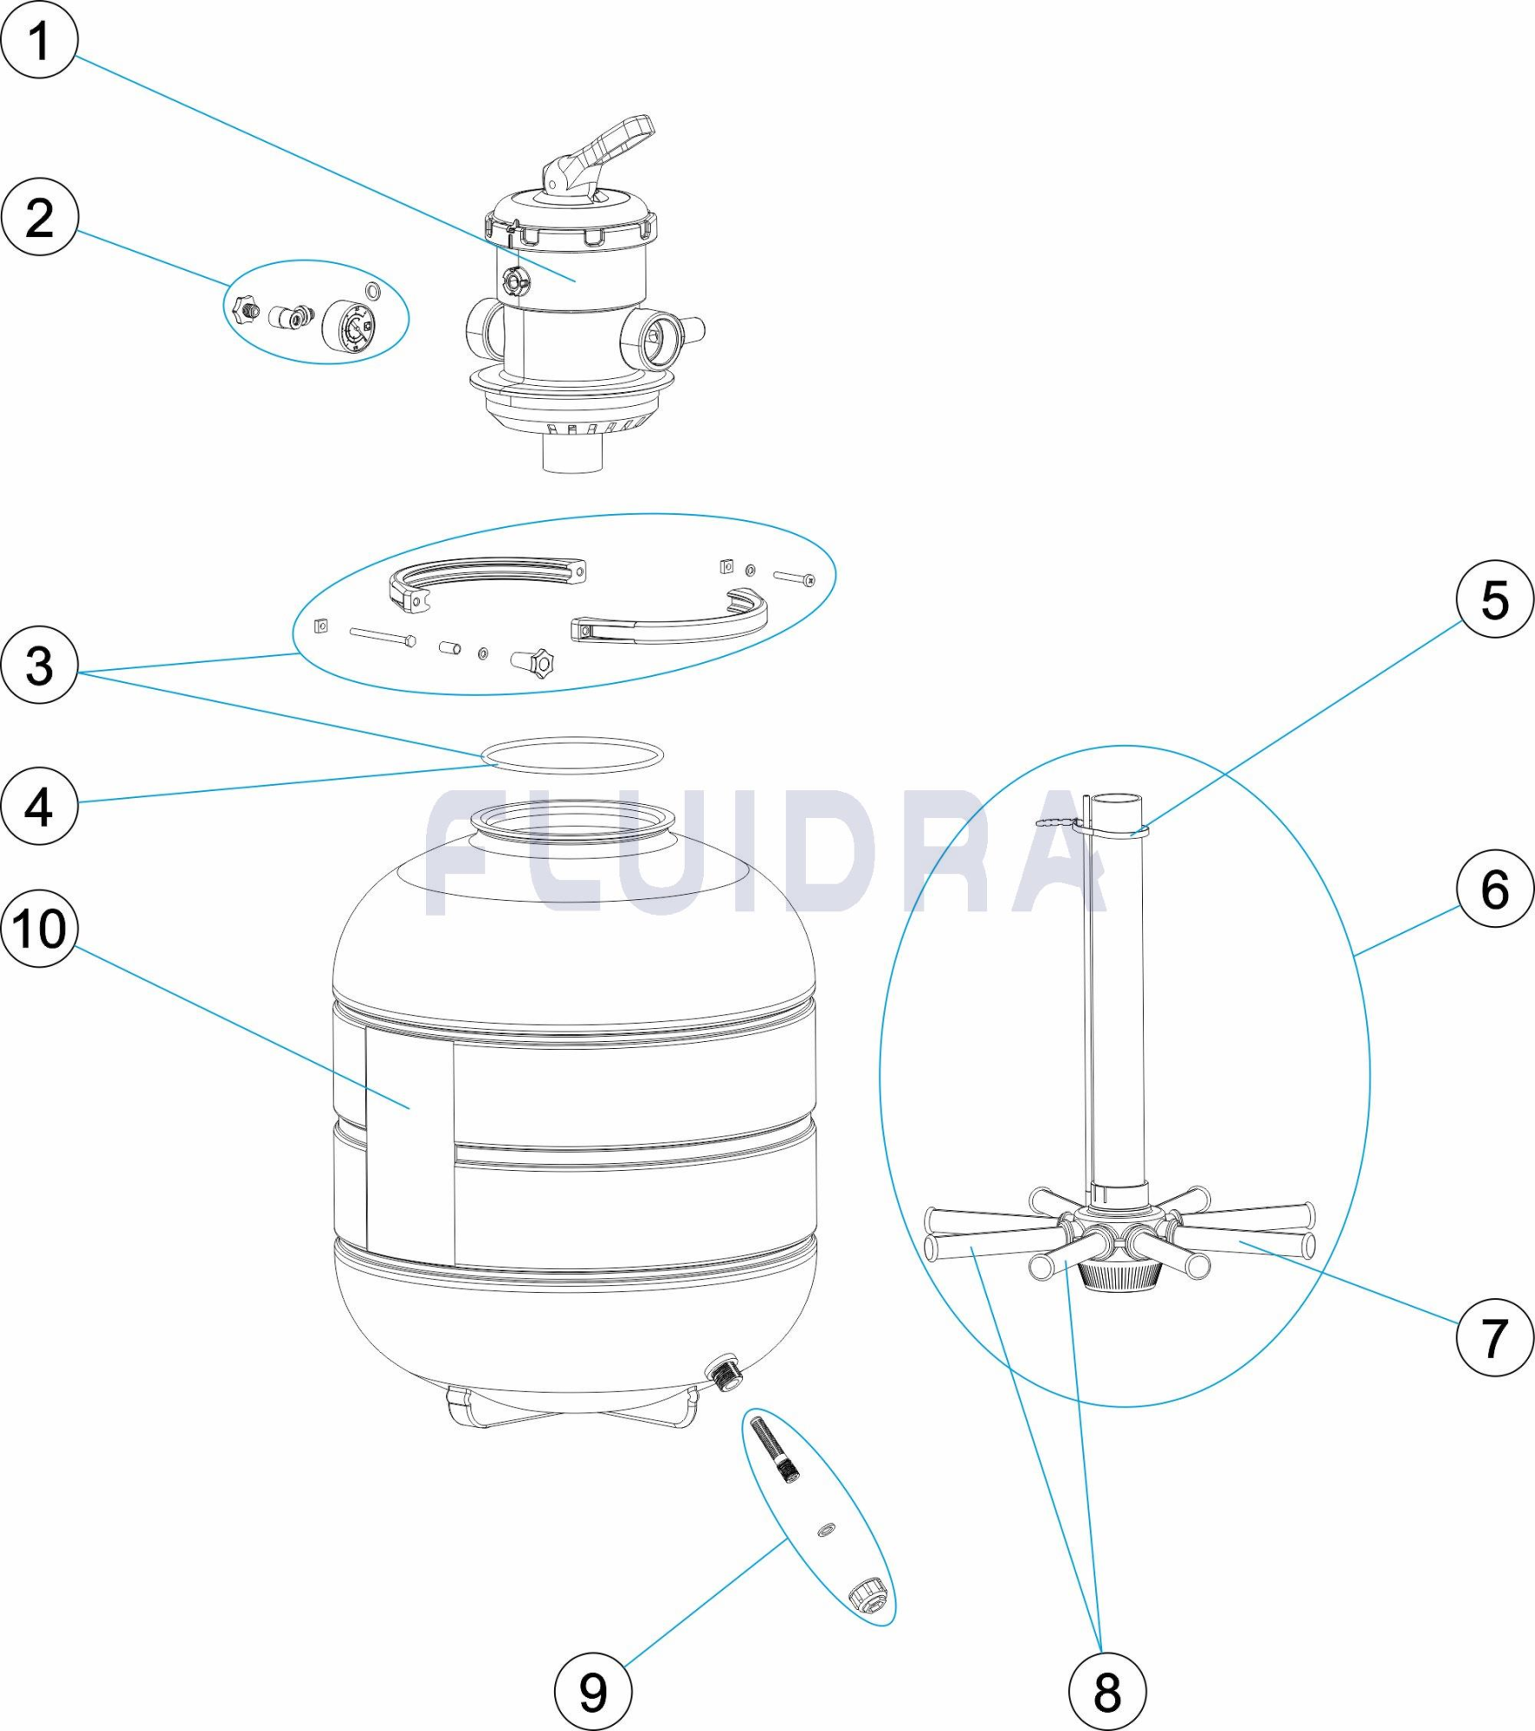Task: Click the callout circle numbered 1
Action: (39, 40)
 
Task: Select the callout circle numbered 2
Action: (40, 216)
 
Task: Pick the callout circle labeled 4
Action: (39, 807)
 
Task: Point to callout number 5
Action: (1495, 599)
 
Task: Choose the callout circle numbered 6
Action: (1495, 888)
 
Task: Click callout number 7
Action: (1495, 1337)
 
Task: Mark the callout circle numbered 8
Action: (1107, 1691)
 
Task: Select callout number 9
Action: (593, 1691)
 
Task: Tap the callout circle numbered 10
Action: (40, 929)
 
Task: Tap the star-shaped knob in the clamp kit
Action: (533, 662)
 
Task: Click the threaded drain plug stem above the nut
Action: (775, 1450)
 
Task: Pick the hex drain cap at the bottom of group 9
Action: (867, 1595)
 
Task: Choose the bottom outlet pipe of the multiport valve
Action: (572, 453)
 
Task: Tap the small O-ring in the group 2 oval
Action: (372, 289)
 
